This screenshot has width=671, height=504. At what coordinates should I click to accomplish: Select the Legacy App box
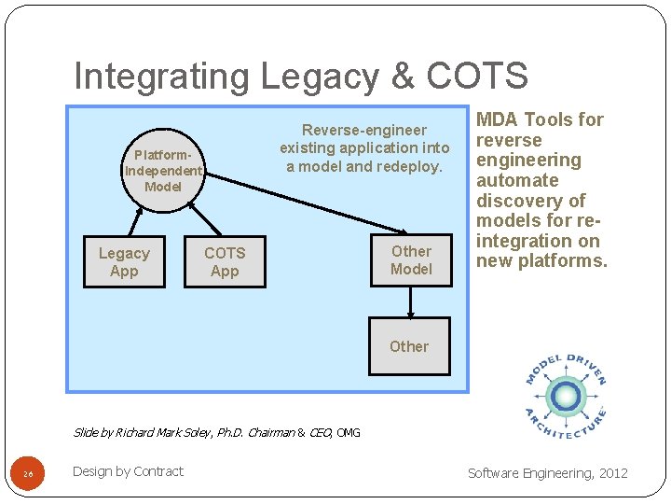pos(124,262)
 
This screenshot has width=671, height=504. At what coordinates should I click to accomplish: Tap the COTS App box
pos(225,262)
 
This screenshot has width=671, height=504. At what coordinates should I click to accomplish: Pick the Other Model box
pos(411,260)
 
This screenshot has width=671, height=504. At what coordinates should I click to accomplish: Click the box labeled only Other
pos(409,346)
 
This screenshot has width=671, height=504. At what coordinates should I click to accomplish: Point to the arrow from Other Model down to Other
pos(410,302)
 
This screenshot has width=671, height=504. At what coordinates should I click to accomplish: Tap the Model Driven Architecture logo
pos(566,397)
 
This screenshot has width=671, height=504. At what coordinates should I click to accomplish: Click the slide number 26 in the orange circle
pos(28,474)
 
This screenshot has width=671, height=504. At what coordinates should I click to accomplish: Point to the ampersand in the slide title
pos(403,76)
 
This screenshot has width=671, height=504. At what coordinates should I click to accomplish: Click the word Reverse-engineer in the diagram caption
pos(364,130)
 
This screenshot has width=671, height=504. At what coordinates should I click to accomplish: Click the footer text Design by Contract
pos(128,471)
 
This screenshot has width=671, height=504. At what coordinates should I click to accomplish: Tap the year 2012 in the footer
pos(612,473)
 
